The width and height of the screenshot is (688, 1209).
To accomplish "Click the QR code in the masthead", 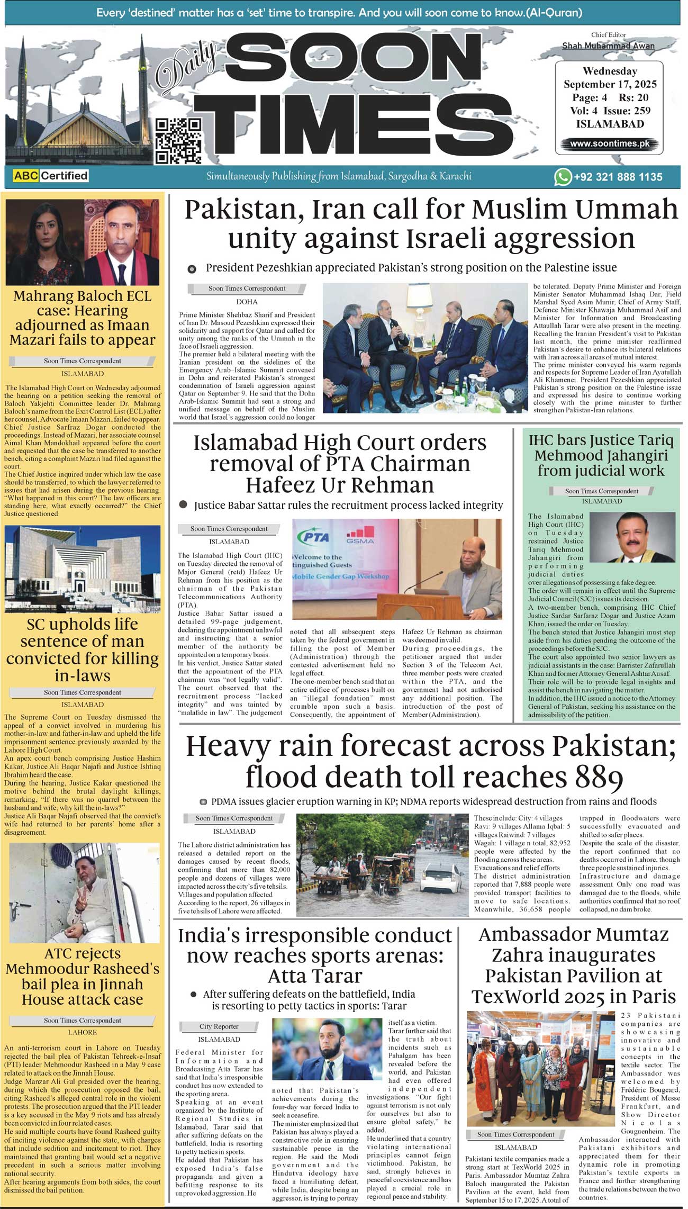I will coord(179,141).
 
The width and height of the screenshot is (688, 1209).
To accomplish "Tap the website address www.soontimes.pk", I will coord(610,143).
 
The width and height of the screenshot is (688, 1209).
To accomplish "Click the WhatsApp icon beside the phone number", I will coord(562,177).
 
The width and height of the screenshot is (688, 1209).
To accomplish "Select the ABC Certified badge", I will coord(51,176).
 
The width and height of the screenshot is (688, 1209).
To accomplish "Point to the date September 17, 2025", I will coord(610,84).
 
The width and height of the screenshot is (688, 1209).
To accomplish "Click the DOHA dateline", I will coord(247,302).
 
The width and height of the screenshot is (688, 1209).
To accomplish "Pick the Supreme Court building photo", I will coord(83,569).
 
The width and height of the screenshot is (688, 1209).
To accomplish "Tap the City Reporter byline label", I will coord(219,1026).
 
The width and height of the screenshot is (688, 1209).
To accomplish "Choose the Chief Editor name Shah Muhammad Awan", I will coord(608,46).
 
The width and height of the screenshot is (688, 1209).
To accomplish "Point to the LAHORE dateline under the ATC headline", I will coord(83,1032).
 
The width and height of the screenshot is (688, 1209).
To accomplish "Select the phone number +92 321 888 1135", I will coord(618,177).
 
